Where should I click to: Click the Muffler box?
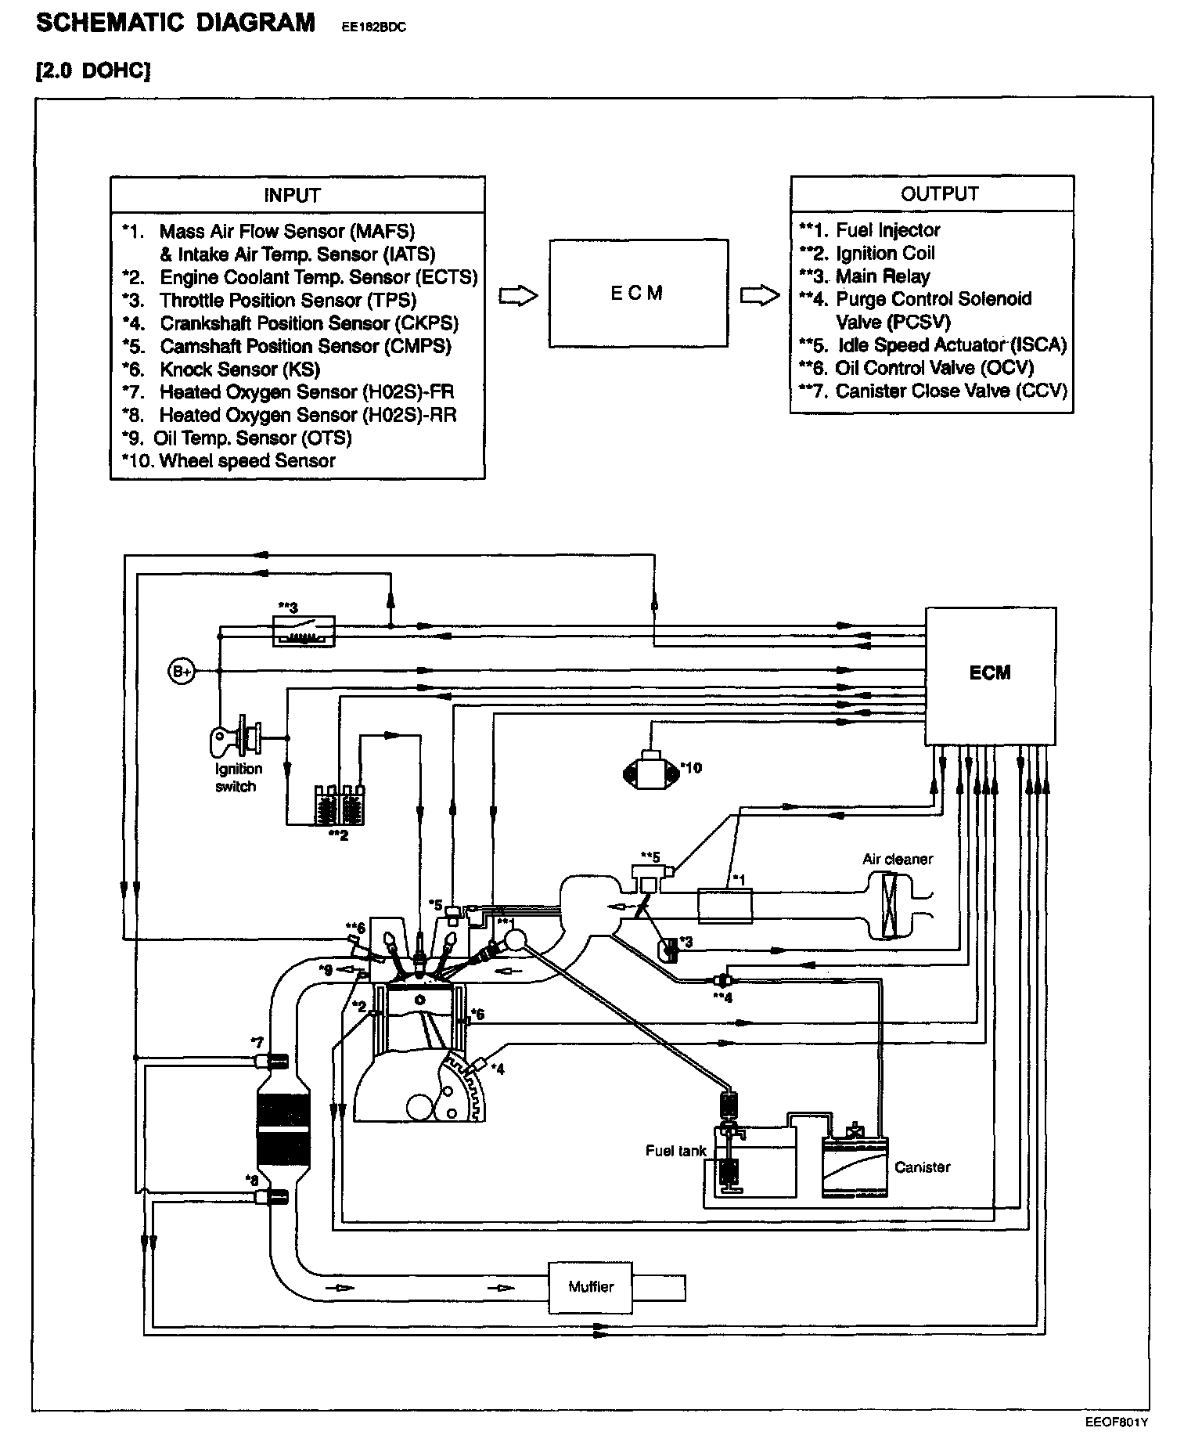coord(591,1287)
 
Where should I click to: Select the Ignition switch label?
coord(238,777)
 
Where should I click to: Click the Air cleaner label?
coord(898,859)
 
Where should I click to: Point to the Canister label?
coord(922,1166)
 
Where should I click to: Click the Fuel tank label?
coord(675,1150)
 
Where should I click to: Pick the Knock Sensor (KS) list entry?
coord(239,370)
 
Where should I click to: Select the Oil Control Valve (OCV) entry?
coord(934,368)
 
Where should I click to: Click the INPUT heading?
coord(292,195)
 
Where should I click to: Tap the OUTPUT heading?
coord(939,194)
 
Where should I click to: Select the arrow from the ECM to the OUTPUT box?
coord(760,295)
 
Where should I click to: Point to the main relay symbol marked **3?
coord(304,630)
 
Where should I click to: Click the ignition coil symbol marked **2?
coord(339,805)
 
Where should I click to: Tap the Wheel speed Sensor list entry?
coord(247,461)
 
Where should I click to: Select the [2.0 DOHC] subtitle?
coord(93,71)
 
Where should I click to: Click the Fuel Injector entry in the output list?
coord(887,230)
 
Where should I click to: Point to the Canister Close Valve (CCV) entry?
coord(951,391)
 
